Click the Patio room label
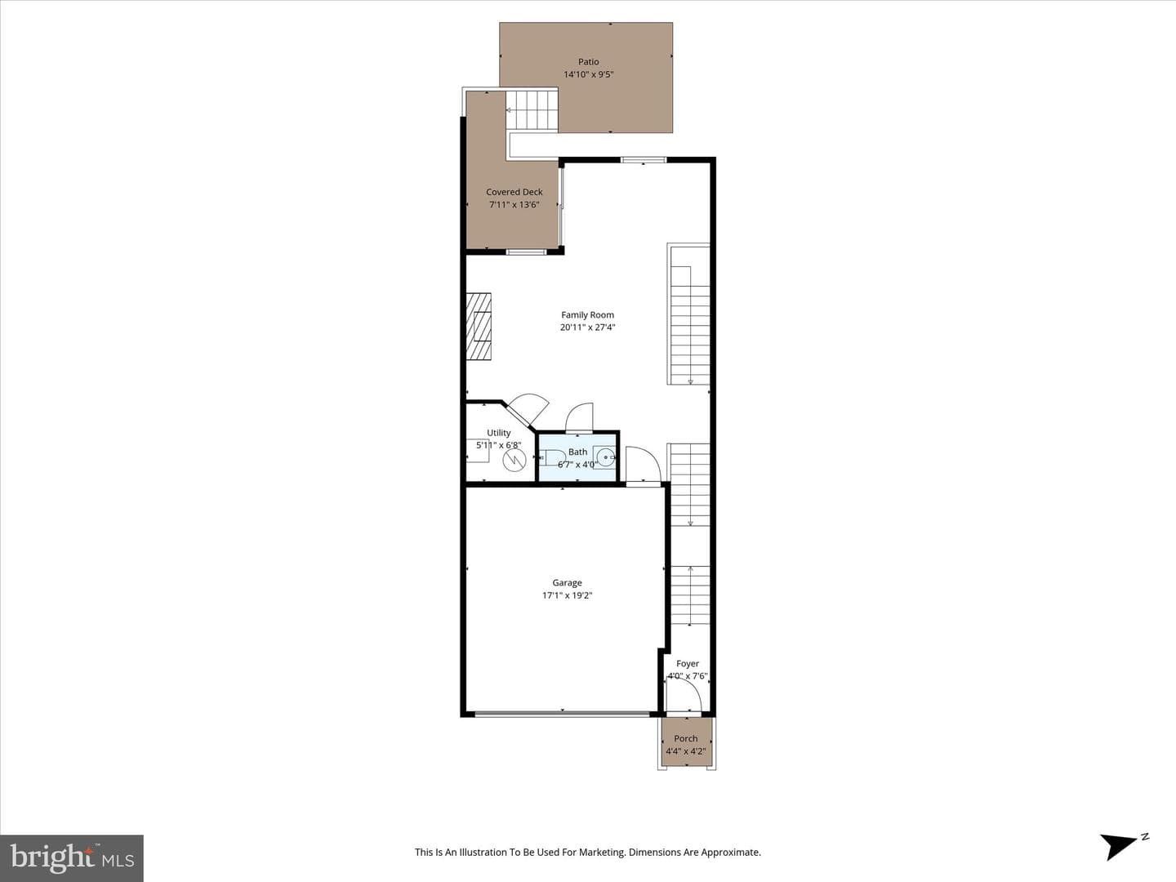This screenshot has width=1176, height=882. (x=588, y=62)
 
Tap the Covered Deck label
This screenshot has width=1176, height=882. (x=514, y=192)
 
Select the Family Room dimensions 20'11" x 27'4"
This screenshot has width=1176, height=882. (x=588, y=327)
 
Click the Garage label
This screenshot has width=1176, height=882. (x=567, y=582)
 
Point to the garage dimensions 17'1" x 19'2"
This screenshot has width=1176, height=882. (x=567, y=595)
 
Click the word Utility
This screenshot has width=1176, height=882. (x=498, y=433)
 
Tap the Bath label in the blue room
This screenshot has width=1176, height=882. (x=577, y=452)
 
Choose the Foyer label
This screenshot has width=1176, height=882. (x=688, y=663)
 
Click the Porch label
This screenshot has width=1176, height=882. (x=686, y=738)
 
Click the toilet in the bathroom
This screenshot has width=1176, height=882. (x=550, y=458)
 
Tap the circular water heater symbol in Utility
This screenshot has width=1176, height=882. (x=514, y=460)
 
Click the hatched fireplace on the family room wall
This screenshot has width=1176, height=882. (x=479, y=326)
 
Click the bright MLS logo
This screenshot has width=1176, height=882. (x=72, y=858)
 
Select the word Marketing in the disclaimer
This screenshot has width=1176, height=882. (x=601, y=852)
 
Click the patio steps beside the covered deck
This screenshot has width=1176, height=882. (x=532, y=110)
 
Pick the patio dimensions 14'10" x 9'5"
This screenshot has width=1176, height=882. (x=588, y=74)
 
